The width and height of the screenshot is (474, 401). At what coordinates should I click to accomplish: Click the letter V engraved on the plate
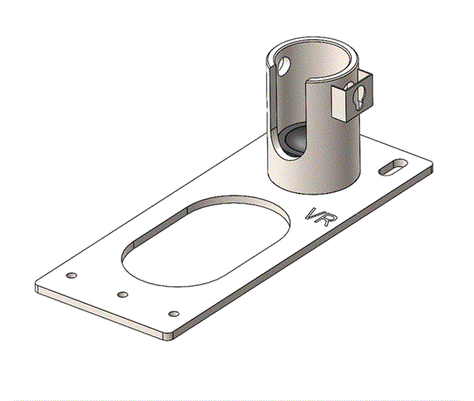(x=314, y=214)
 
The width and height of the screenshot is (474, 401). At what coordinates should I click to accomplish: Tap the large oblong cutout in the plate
(x=205, y=241)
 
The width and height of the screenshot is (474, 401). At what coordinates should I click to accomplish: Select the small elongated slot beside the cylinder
(x=393, y=166)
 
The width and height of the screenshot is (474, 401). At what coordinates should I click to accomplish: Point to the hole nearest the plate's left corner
(x=72, y=275)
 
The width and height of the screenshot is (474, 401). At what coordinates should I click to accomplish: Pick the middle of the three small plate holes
(x=122, y=295)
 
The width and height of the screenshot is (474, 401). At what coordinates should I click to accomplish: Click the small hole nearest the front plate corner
(x=174, y=314)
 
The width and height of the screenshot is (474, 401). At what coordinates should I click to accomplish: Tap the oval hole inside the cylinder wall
(x=284, y=66)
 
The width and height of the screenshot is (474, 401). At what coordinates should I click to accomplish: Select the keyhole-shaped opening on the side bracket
(x=358, y=97)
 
